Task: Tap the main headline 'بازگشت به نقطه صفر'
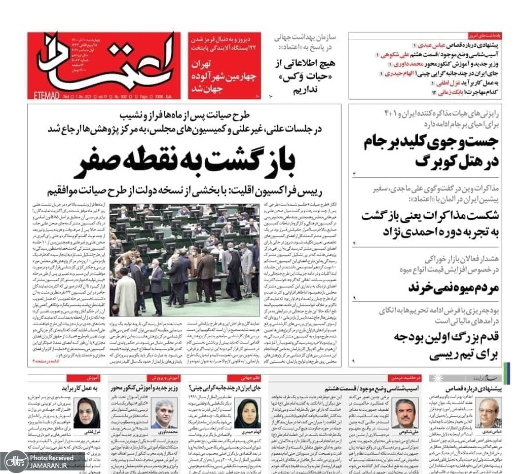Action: pos(184,161)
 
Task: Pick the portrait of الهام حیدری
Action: pos(247,413)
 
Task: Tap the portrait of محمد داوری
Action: pos(166,413)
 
